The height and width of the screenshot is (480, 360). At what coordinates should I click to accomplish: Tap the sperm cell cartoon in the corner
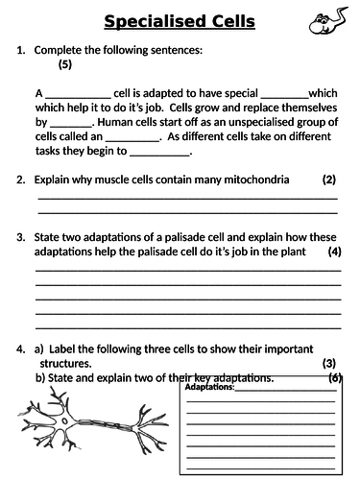[326, 21]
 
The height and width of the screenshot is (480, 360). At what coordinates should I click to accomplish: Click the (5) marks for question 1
[64, 64]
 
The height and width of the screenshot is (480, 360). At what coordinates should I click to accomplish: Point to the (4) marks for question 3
[334, 252]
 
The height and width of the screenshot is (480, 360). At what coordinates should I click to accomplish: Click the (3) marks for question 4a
[328, 364]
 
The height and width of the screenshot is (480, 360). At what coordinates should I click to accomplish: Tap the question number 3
[20, 236]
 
